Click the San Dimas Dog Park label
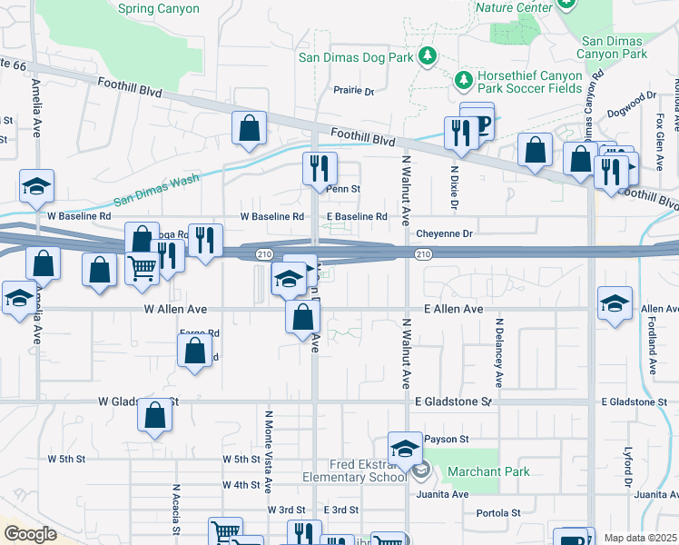[x=357, y=57]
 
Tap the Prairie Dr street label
[x=353, y=91]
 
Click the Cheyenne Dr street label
[x=445, y=233]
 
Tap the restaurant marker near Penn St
[x=320, y=166]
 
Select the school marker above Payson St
[x=405, y=446]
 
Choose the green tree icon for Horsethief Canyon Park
[x=464, y=81]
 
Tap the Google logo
[x=30, y=533]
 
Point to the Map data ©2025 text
[x=640, y=538]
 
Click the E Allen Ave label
[x=453, y=310]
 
